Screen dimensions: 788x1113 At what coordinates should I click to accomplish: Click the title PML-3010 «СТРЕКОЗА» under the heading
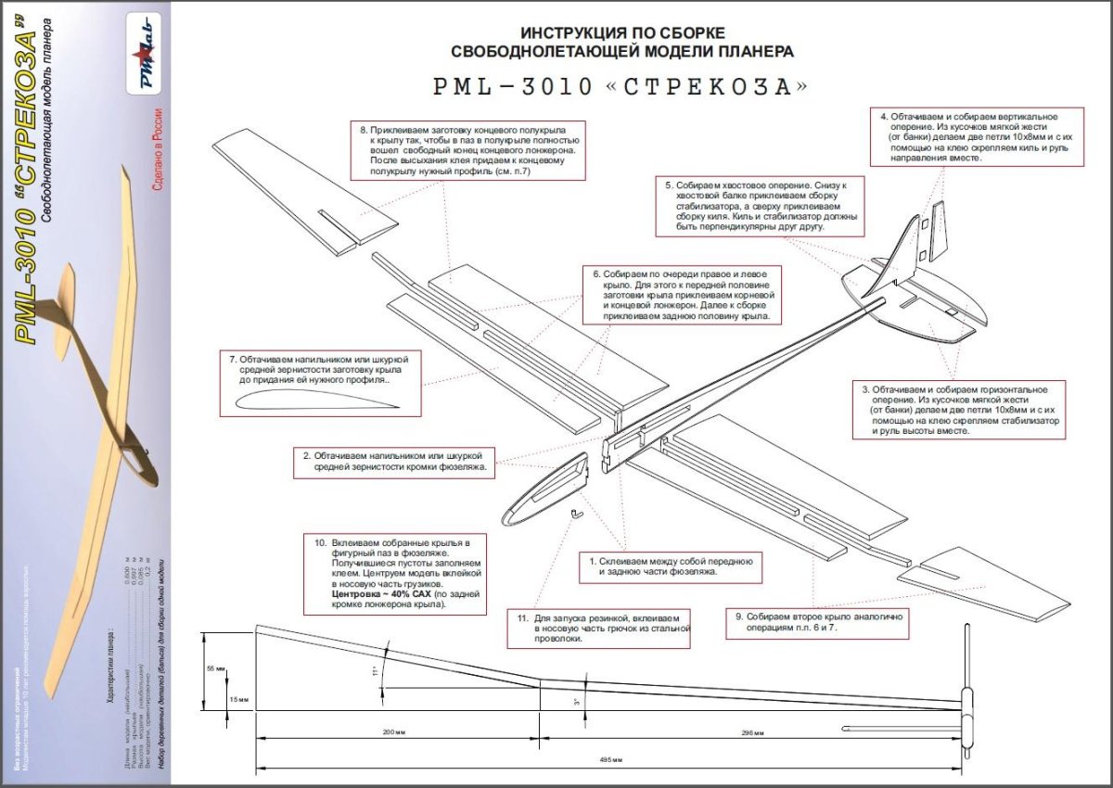(620, 86)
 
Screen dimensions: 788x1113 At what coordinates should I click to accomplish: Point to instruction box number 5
(761, 206)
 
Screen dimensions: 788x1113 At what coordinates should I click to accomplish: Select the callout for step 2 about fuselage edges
(394, 463)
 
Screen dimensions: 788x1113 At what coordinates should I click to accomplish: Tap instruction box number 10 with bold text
(398, 573)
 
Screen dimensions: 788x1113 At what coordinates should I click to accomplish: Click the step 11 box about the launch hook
(599, 628)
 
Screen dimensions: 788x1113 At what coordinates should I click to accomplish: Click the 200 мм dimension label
(396, 733)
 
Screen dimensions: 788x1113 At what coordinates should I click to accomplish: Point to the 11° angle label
(376, 671)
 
